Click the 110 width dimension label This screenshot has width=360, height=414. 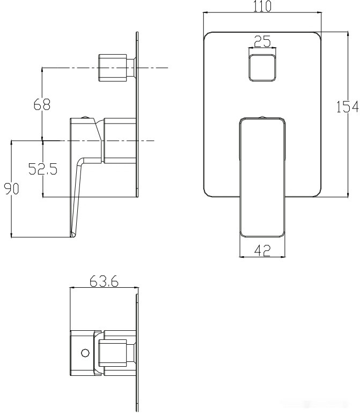pyautogui.click(x=262, y=6)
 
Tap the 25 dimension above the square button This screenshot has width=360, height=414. pyautogui.click(x=262, y=41)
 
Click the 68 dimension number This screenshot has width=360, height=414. pyautogui.click(x=42, y=105)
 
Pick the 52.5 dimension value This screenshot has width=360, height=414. pyautogui.click(x=43, y=170)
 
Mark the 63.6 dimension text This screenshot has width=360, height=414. pyautogui.click(x=104, y=281)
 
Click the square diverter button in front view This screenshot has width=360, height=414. pyautogui.click(x=262, y=68)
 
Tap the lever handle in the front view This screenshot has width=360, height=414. pyautogui.click(x=262, y=177)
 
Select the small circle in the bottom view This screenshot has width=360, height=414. pyautogui.click(x=84, y=353)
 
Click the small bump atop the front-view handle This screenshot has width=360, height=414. pyautogui.click(x=262, y=117)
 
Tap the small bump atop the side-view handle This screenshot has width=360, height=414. pyautogui.click(x=85, y=117)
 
